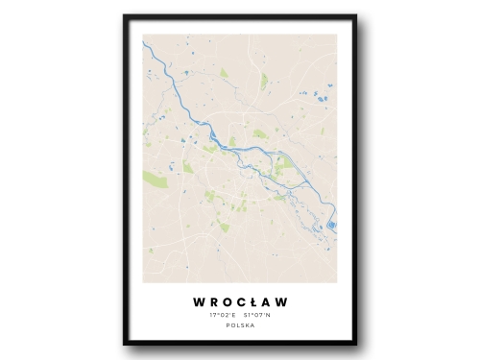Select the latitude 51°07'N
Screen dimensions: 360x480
pos(257,315)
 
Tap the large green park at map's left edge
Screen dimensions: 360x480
pos(155,179)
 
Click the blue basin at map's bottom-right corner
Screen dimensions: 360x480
pos(332,227)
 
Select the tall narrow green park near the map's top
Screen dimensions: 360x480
pos(264,82)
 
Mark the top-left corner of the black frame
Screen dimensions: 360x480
pos(125,16)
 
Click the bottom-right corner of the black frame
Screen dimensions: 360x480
pos(355,344)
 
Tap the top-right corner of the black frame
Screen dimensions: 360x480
pos(355,16)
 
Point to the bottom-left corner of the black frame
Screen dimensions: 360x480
pos(125,344)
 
